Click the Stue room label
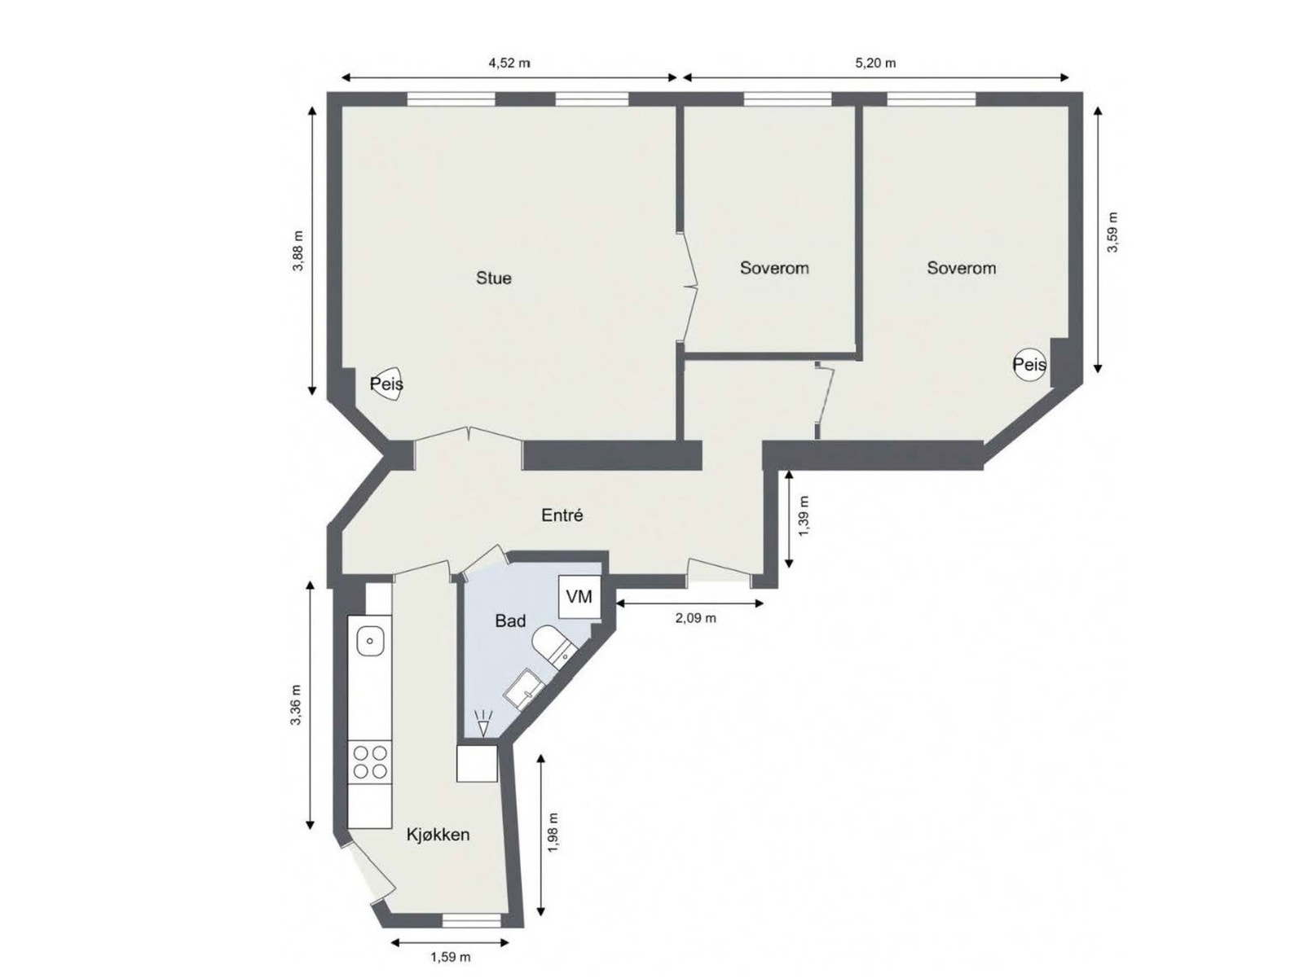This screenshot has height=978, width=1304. [494, 278]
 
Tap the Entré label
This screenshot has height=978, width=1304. [562, 515]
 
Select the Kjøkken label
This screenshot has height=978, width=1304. [438, 835]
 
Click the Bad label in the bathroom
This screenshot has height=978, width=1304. [510, 621]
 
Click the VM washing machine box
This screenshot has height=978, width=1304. [579, 597]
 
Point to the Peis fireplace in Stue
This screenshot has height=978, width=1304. [387, 384]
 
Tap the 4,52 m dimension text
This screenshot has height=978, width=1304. [509, 63]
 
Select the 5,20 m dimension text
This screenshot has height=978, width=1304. [874, 63]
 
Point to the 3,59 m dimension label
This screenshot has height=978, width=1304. [1112, 232]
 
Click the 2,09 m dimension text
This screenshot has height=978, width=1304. [695, 618]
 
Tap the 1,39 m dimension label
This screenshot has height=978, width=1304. [804, 516]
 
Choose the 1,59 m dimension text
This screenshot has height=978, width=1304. [449, 957]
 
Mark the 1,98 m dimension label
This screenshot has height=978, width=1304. [553, 832]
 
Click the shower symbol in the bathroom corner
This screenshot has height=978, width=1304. [483, 722]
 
